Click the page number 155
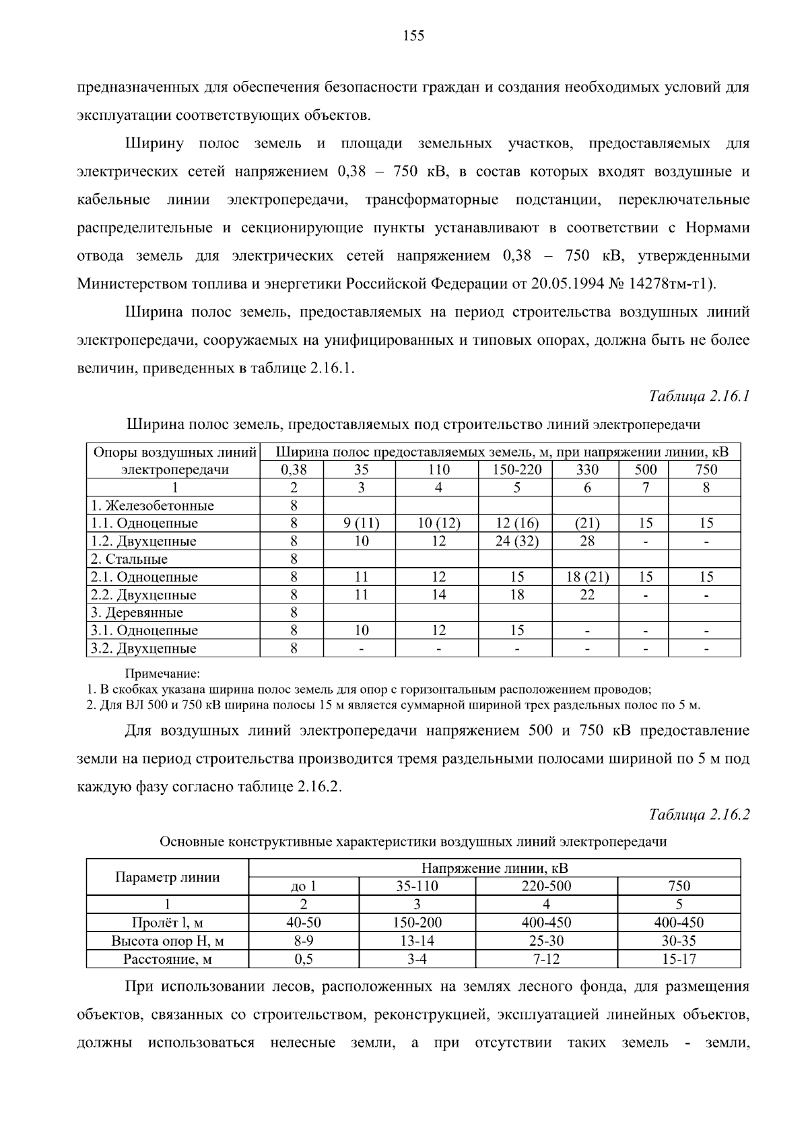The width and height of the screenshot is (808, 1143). coord(413,36)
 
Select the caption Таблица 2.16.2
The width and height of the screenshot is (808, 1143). coord(699,814)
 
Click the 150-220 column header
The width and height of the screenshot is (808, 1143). coord(516,469)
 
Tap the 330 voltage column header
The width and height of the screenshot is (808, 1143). coord(587,469)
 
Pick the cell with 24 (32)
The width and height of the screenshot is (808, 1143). coord(516,541)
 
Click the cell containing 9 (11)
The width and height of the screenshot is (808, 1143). coord(361,523)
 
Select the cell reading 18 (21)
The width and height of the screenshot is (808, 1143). coord(587,577)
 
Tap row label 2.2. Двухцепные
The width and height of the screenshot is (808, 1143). coord(143,595)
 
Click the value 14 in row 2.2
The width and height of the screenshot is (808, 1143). coord(438,595)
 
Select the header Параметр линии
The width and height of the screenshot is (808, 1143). coord(168,877)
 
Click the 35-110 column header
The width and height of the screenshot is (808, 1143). coord(417,886)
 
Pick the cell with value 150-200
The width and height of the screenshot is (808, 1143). coord(417,922)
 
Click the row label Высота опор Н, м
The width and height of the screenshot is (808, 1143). coord(168,940)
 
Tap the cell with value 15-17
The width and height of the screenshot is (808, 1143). coord(679,958)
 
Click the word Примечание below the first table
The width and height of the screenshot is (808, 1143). coord(163,674)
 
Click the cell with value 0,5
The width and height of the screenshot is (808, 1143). coord(304,958)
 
